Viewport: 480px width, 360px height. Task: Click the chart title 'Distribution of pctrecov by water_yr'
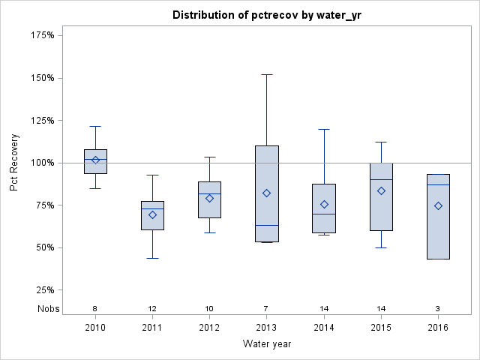267,15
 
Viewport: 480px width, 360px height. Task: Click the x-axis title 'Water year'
267,343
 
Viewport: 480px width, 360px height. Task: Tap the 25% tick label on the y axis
46,290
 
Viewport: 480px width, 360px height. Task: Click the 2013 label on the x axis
267,327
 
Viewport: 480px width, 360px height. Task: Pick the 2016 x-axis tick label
438,327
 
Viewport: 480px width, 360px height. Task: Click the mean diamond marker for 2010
95,160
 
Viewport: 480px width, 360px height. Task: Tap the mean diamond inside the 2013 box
267,193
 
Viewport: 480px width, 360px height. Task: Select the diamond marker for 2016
438,205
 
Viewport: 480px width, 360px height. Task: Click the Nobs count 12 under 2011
152,309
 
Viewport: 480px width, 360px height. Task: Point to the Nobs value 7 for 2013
267,309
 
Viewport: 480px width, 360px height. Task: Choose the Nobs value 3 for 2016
438,309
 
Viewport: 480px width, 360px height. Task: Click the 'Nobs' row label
49,309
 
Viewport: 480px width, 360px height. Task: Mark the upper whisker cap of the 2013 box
267,74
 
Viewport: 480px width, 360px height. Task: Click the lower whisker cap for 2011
152,258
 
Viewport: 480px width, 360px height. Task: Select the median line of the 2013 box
267,225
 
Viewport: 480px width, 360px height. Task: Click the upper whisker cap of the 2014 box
324,129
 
